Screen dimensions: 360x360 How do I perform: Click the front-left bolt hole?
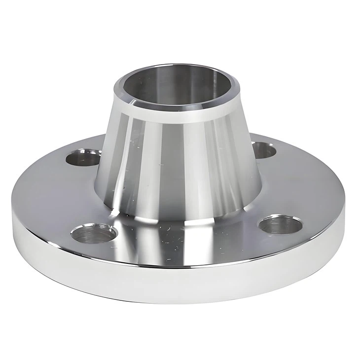coord(94,233)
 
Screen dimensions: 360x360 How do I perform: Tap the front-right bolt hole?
coord(280,224)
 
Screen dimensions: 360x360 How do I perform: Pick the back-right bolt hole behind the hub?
coord(263,149)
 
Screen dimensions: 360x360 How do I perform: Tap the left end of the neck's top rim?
coord(115,89)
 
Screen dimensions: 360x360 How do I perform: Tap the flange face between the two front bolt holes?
coord(187,247)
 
